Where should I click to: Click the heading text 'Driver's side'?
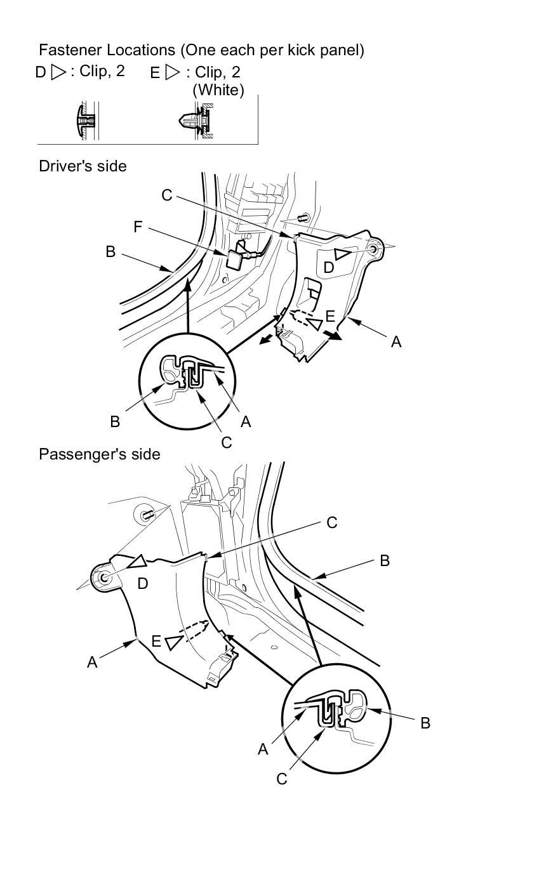point(83,166)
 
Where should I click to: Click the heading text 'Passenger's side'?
point(99,454)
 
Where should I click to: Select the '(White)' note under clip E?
point(218,90)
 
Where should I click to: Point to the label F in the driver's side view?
point(138,227)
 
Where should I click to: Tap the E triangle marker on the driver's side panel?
point(314,324)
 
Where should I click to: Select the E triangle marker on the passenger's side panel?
point(172,642)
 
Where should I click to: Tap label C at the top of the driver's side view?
point(166,195)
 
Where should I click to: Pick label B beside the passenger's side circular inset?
point(425,723)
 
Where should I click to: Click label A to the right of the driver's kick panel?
point(397,342)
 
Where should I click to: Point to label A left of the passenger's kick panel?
point(92,663)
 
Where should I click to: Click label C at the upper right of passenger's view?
point(331,522)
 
